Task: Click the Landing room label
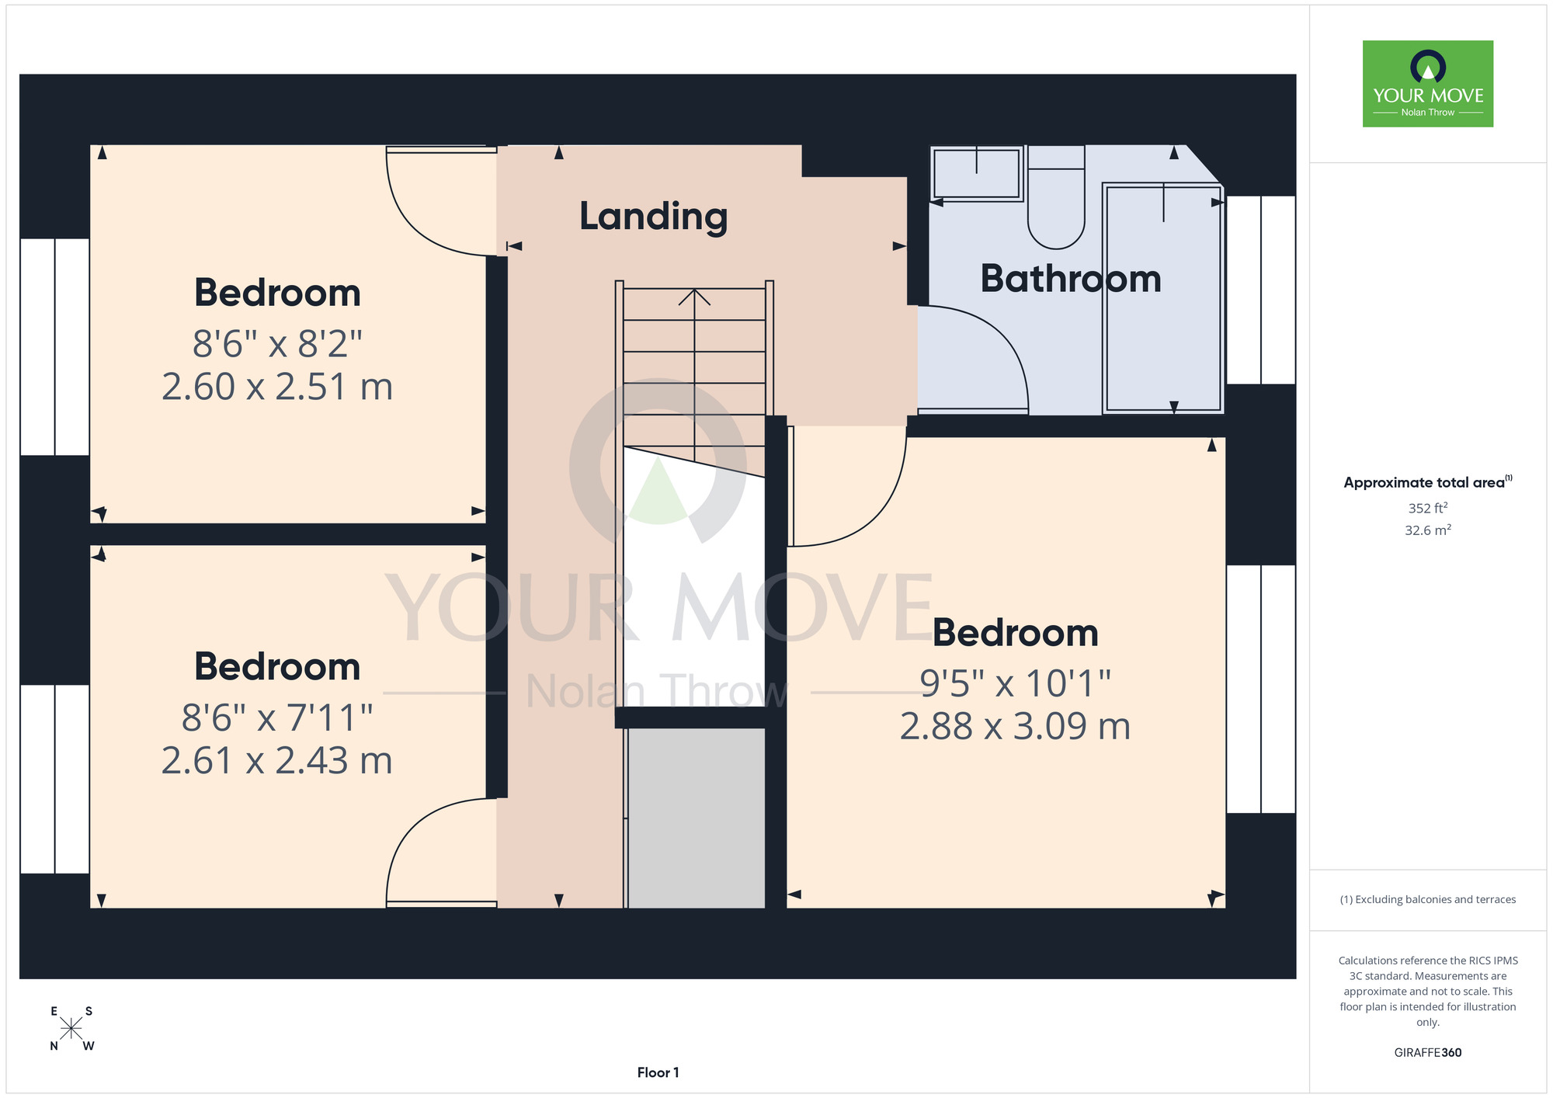coord(654,217)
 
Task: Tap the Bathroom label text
coord(1071,278)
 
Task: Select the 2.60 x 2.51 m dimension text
coord(277,387)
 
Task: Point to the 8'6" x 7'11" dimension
coord(277,718)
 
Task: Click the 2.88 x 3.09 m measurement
coord(1015,726)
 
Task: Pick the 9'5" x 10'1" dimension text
coord(1015,683)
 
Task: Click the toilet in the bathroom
coord(1056,197)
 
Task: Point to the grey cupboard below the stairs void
coord(696,818)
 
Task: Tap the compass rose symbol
coord(71,1029)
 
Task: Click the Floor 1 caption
coord(658,1072)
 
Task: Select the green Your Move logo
coord(1428,84)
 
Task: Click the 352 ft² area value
coord(1428,508)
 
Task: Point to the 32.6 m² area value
coord(1428,530)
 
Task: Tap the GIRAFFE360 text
coord(1428,1053)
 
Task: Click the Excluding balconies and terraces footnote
coord(1428,899)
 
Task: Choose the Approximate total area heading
coord(1428,482)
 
